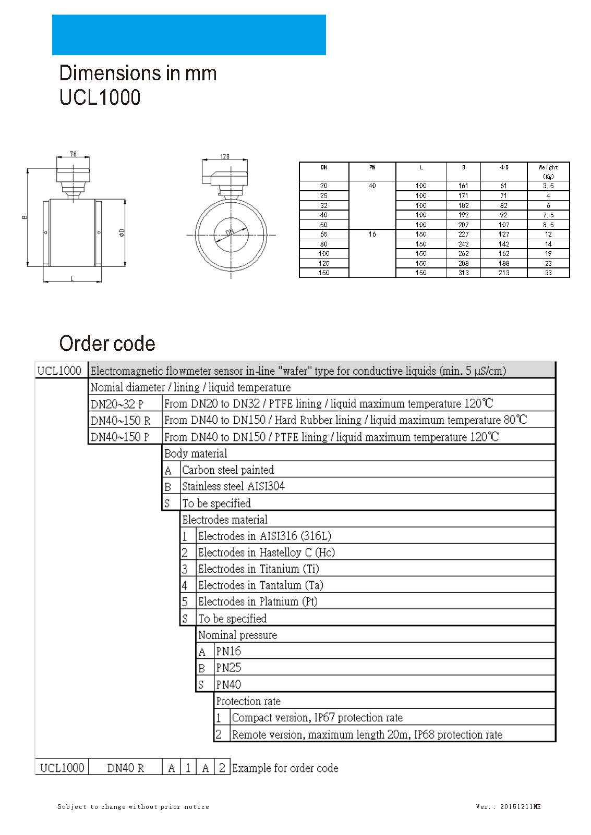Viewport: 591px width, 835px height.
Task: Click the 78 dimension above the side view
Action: [x=73, y=154]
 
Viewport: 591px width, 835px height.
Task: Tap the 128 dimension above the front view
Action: [x=224, y=156]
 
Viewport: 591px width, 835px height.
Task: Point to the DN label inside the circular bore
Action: [x=230, y=232]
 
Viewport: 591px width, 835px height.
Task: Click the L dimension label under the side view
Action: [x=72, y=279]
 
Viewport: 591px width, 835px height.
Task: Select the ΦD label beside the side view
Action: [x=122, y=232]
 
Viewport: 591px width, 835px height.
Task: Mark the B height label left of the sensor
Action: [x=25, y=217]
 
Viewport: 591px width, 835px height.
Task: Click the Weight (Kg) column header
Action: [x=548, y=171]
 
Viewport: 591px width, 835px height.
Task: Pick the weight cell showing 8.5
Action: [x=548, y=225]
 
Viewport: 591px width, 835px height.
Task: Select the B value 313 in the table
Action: [x=463, y=273]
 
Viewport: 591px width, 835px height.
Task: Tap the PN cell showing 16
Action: [x=372, y=234]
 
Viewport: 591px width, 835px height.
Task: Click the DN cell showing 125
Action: [x=324, y=263]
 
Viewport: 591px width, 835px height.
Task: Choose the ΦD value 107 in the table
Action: [x=503, y=225]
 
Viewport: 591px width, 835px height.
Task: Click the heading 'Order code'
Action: [x=107, y=343]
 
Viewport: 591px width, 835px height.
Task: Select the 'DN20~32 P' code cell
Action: [x=117, y=404]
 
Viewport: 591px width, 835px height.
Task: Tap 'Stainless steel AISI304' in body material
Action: [x=233, y=486]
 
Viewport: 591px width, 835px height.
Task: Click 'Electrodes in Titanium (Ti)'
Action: [x=258, y=569]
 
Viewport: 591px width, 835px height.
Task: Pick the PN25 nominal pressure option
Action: [x=228, y=668]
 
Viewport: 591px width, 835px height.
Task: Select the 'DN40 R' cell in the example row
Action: [x=125, y=768]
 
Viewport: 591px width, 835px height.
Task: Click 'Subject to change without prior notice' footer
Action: [x=133, y=807]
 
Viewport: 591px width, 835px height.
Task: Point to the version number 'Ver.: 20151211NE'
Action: [x=508, y=807]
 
